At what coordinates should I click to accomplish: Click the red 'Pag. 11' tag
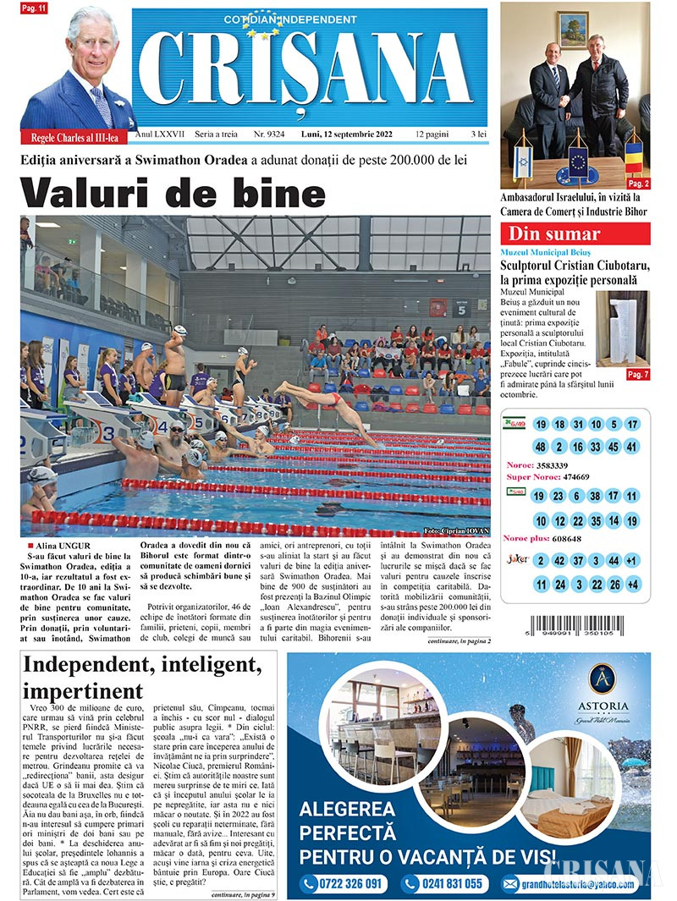35,8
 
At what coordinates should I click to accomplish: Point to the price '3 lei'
478,135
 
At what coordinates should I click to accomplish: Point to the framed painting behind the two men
573,30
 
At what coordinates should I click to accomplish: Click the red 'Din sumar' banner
575,234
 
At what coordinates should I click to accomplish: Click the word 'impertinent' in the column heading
84,690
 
